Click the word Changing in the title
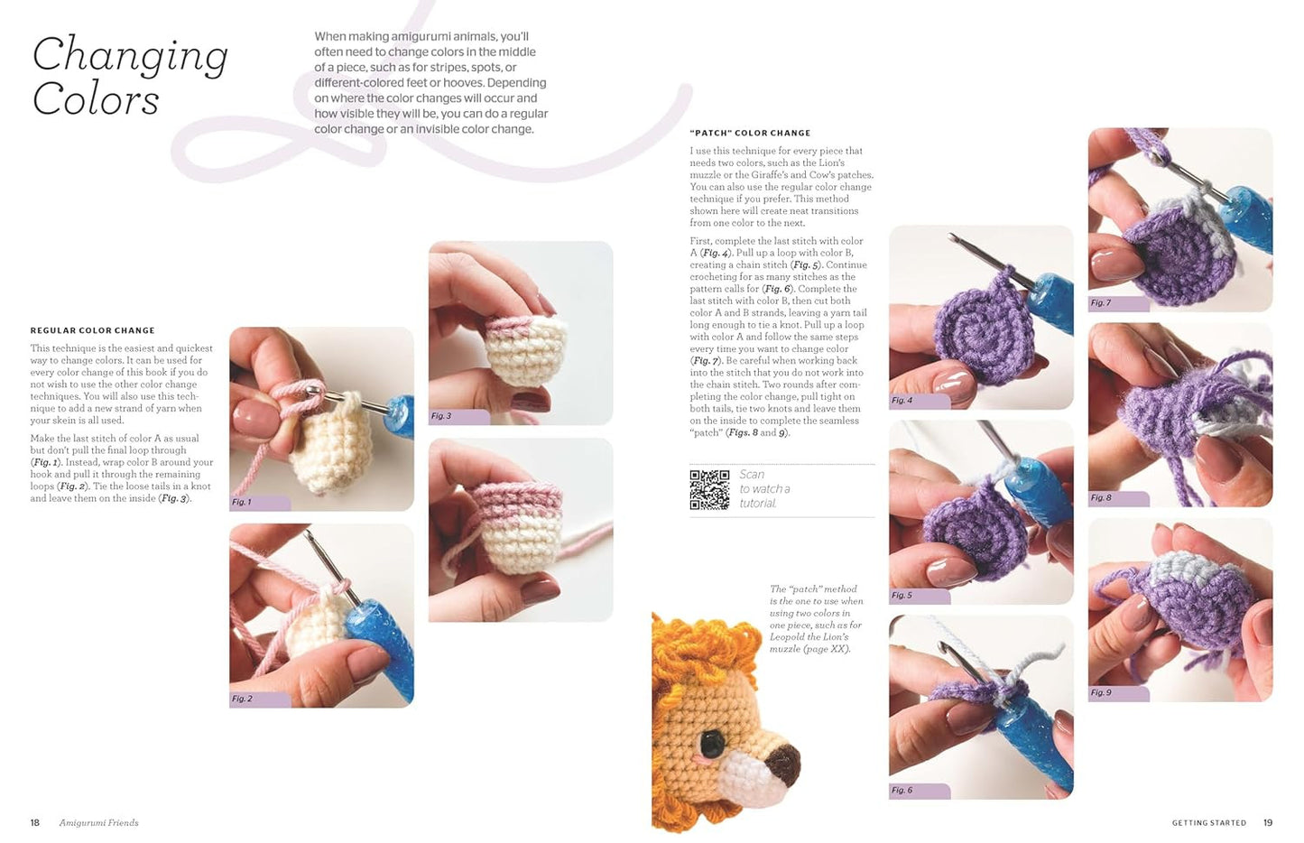[x=130, y=57]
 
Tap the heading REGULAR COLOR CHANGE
[x=92, y=330]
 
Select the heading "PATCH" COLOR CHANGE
[x=750, y=133]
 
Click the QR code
[x=709, y=489]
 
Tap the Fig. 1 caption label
[x=242, y=502]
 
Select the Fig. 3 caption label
[x=441, y=416]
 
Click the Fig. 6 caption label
[x=902, y=790]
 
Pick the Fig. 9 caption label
[x=1101, y=692]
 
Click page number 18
[x=35, y=822]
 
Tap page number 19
[x=1268, y=822]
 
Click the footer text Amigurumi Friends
[x=99, y=822]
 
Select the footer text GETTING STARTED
[x=1208, y=822]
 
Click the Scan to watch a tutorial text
[x=763, y=488]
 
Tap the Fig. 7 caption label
[x=1101, y=302]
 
